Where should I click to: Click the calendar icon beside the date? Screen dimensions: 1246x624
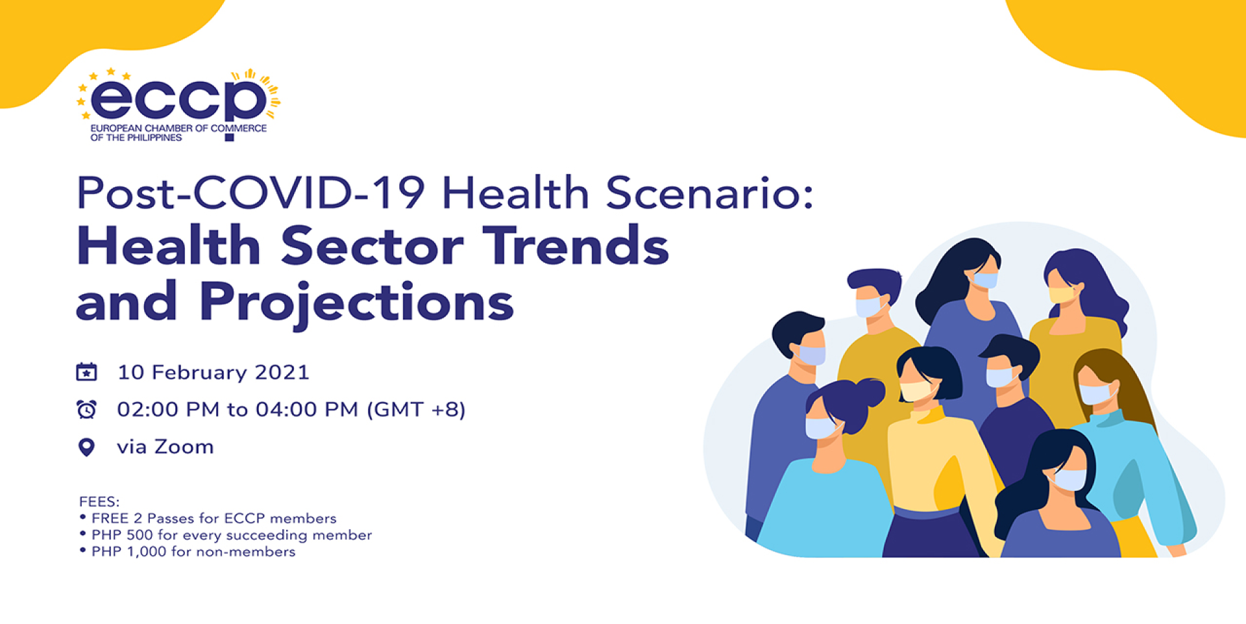coord(86,372)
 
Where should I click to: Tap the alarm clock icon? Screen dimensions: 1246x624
coord(86,410)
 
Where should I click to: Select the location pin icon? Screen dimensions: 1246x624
coord(86,447)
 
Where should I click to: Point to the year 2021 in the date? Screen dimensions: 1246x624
coord(282,372)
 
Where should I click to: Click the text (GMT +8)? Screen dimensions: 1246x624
coord(416,410)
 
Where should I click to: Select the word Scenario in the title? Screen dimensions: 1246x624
coord(709,193)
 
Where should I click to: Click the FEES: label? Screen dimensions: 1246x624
coord(99,501)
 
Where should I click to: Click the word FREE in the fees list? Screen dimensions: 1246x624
coord(110,518)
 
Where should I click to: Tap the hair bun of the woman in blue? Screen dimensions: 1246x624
coord(868,393)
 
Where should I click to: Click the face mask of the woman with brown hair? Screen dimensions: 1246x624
coord(1095,393)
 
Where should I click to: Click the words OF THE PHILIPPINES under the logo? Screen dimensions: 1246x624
coord(136,138)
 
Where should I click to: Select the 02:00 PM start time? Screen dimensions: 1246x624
coord(168,410)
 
